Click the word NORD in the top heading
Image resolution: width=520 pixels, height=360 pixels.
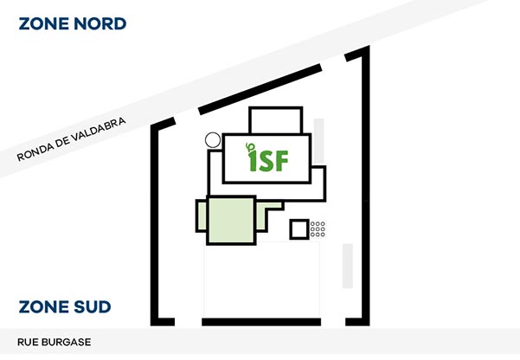coord(100,23)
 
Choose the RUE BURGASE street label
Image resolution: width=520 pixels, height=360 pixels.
coord(54,342)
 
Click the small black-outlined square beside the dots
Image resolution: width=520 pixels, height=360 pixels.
coord(299,229)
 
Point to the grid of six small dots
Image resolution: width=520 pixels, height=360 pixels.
coord(318,229)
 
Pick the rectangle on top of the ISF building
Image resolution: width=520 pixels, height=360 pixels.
coord(275,119)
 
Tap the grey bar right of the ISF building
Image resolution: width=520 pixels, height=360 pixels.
coord(319,143)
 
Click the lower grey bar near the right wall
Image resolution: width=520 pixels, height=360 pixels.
coord(348,266)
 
